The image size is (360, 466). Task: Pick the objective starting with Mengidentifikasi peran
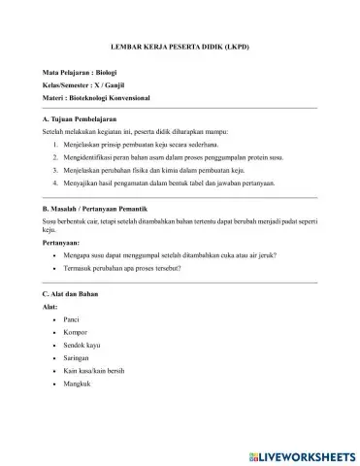(x=173, y=155)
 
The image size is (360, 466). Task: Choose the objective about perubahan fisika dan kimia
(x=164, y=169)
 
